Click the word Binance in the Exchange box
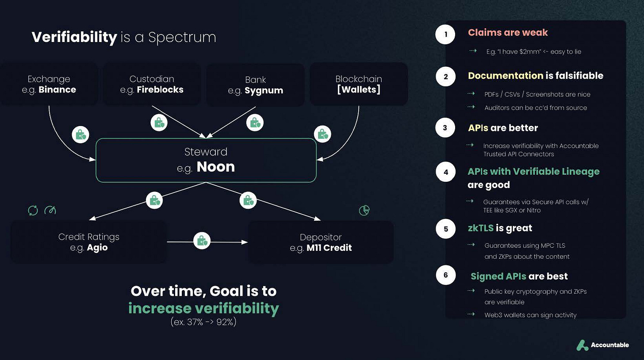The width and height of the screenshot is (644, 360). point(57,90)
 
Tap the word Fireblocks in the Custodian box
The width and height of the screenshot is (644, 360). point(160,90)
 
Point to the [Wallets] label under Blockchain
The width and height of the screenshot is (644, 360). point(358,90)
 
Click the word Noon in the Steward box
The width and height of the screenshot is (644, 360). point(216,167)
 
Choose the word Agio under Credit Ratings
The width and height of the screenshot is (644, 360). point(97,248)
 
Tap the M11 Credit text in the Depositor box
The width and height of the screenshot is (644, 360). point(329,248)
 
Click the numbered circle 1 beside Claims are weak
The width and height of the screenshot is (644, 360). point(445,34)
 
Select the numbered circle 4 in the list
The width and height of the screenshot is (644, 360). point(445,172)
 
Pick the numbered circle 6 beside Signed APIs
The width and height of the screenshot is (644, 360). point(445,275)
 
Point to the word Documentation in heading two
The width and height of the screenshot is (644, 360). point(506,76)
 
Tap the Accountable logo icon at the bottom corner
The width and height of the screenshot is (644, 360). point(583,345)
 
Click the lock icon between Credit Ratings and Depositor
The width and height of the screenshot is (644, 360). point(202,241)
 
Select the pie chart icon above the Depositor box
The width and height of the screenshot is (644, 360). point(364,210)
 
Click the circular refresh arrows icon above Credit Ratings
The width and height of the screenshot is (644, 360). point(33,210)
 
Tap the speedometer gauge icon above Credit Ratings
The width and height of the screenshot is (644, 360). point(50,210)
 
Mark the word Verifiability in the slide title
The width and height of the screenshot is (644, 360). point(74,37)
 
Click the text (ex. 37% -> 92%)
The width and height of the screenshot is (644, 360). point(203,322)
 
